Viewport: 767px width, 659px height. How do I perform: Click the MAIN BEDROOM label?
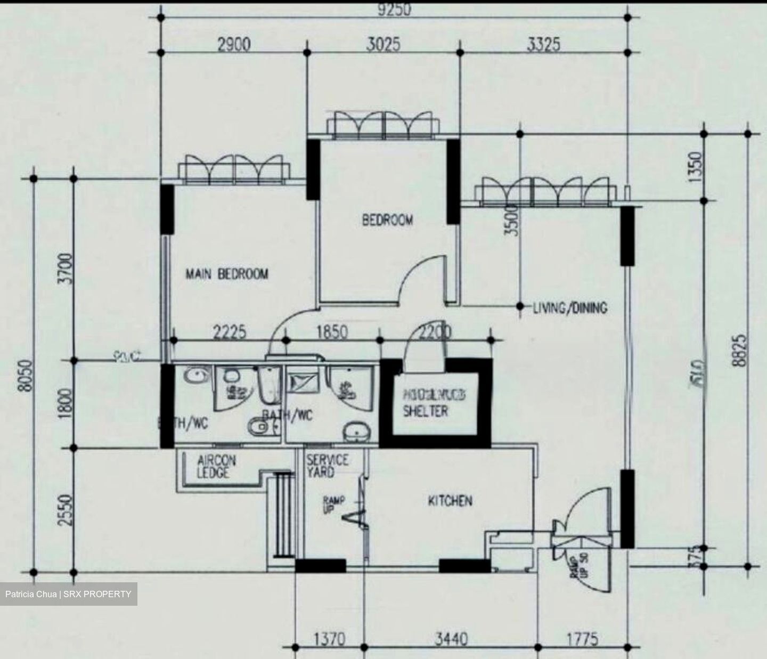pyautogui.click(x=227, y=274)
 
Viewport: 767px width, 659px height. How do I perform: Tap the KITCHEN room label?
pyautogui.click(x=450, y=501)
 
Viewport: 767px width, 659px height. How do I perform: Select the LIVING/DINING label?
pyautogui.click(x=570, y=307)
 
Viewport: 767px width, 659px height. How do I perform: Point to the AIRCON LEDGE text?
pyautogui.click(x=216, y=466)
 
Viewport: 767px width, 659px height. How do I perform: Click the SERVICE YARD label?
pyautogui.click(x=327, y=466)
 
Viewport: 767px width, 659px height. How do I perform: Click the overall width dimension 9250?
pyautogui.click(x=394, y=10)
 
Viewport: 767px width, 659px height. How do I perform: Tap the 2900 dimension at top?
pyautogui.click(x=234, y=45)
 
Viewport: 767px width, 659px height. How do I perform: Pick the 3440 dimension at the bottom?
pyautogui.click(x=451, y=638)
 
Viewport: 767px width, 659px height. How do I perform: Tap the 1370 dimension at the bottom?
pyautogui.click(x=329, y=638)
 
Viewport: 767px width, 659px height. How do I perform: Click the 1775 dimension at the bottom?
pyautogui.click(x=581, y=638)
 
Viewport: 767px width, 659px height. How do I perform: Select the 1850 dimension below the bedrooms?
pyautogui.click(x=332, y=332)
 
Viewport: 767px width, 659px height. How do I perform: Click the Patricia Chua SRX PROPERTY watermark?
pyautogui.click(x=68, y=594)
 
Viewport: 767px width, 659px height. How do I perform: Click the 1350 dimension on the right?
pyautogui.click(x=696, y=167)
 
